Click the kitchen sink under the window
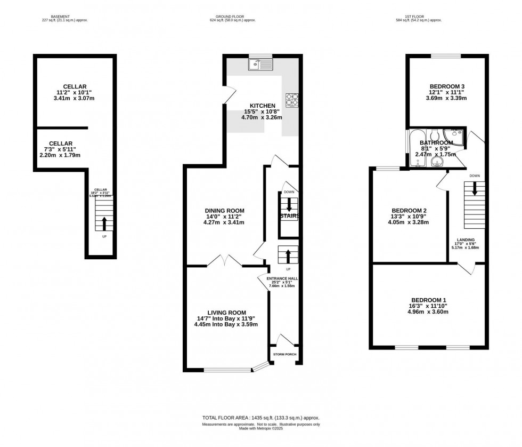tap(260, 65)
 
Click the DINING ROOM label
tap(224, 210)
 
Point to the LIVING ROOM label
tap(226, 313)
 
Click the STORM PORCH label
tap(284, 354)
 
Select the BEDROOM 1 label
tap(429, 300)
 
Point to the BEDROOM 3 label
tap(447, 87)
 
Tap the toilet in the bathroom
tap(435, 133)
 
